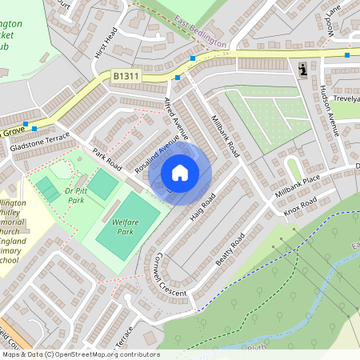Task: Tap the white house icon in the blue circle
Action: click(x=180, y=172)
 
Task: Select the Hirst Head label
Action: click(x=106, y=43)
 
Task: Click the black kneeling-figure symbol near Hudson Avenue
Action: click(x=302, y=70)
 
